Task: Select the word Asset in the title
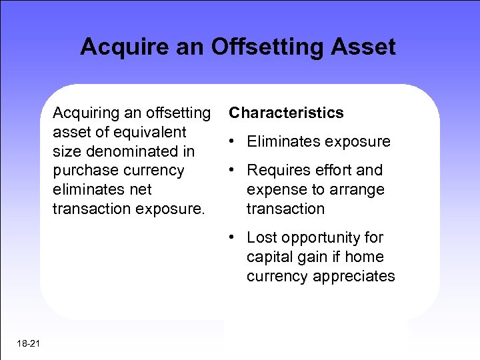pyautogui.click(x=364, y=47)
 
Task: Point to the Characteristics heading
pyautogui.click(x=286, y=113)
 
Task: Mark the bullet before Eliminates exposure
pyautogui.click(x=229, y=141)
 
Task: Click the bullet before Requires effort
pyautogui.click(x=229, y=170)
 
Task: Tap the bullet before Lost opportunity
pyautogui.click(x=229, y=237)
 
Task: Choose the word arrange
pyautogui.click(x=357, y=190)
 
